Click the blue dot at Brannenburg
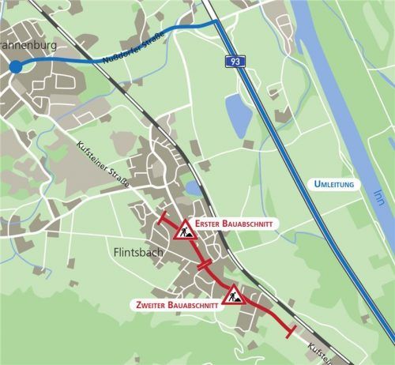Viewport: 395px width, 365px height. click(x=16, y=67)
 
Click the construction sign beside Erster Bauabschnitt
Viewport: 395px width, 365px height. click(x=184, y=230)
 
